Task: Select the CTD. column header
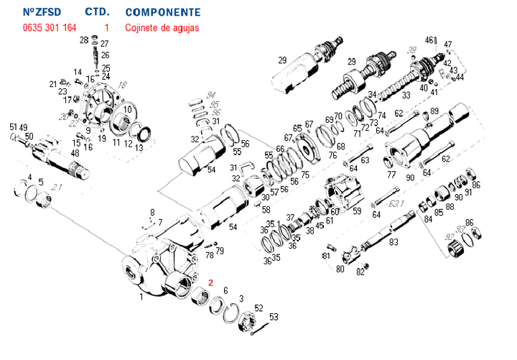(97, 13)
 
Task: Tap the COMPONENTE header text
(162, 13)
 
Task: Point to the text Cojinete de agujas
(162, 28)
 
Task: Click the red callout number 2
(210, 282)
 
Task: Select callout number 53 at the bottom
(274, 317)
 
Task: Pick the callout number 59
(356, 212)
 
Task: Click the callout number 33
(406, 95)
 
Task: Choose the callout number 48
(75, 153)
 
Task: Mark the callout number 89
(434, 111)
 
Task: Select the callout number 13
(139, 147)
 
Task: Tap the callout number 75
(305, 175)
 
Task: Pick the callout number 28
(84, 40)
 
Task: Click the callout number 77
(391, 175)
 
